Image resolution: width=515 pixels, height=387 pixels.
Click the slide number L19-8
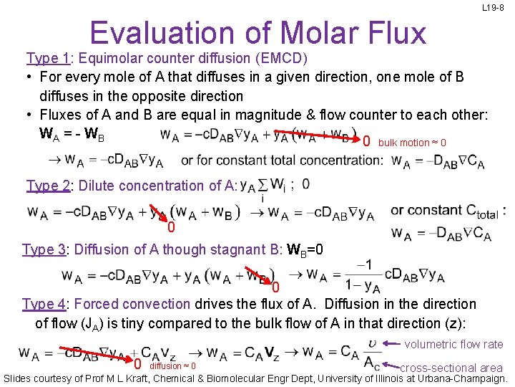[493, 8]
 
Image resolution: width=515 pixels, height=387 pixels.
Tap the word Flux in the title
[391, 33]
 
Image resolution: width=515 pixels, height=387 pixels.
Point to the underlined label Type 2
[48, 186]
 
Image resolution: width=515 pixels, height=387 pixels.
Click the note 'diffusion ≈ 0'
[172, 366]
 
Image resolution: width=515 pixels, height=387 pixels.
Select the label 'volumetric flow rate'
[453, 345]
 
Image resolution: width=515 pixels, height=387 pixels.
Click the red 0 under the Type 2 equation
[171, 228]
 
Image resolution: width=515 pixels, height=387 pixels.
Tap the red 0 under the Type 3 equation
[275, 288]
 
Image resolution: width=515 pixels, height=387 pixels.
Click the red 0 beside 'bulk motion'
[366, 141]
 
